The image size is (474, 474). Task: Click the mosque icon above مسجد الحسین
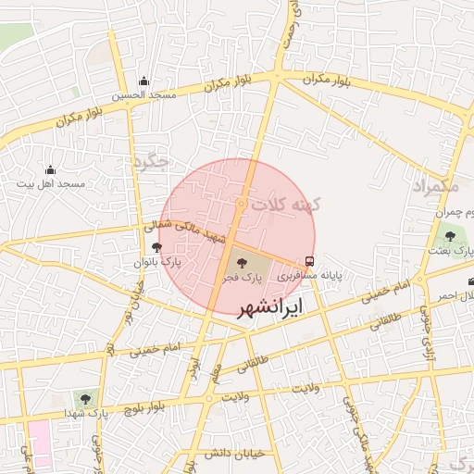click(143, 81)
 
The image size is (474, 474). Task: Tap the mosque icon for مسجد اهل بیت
click(50, 169)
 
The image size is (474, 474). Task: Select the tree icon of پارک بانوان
click(156, 247)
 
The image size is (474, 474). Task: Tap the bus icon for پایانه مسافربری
click(309, 260)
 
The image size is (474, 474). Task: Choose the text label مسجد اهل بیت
click(50, 184)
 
